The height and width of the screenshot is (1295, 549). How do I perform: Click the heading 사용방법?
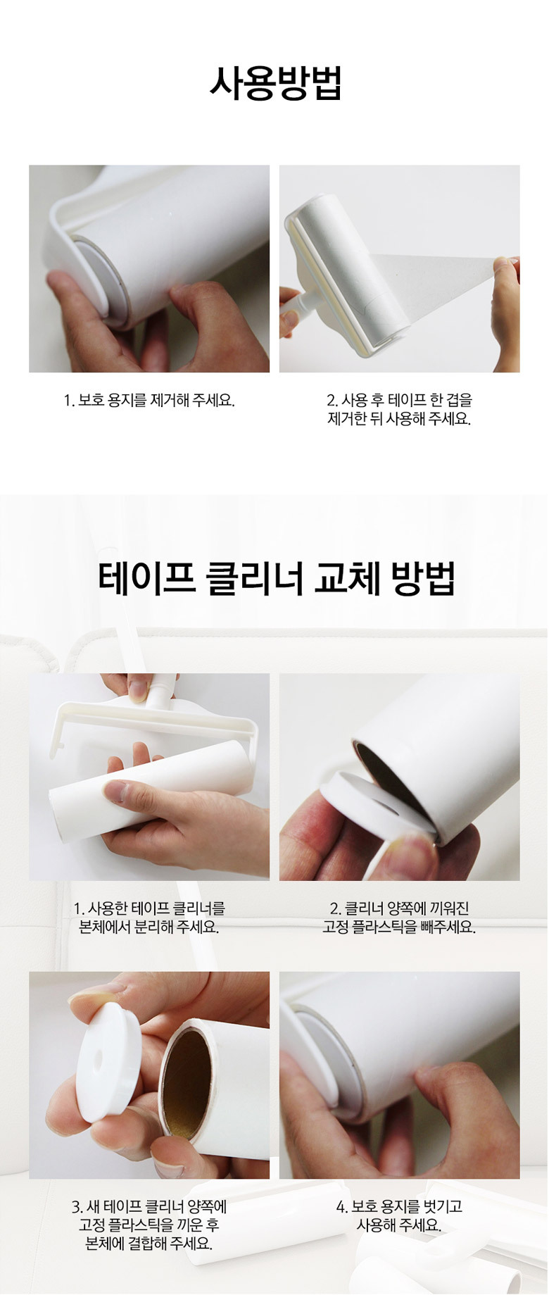[275, 84]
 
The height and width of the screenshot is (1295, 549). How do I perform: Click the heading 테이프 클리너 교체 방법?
[277, 578]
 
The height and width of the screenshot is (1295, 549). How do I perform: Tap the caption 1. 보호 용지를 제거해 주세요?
[149, 401]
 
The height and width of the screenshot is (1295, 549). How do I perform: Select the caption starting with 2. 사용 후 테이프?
[399, 409]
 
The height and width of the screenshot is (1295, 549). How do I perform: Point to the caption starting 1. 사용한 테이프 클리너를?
[149, 918]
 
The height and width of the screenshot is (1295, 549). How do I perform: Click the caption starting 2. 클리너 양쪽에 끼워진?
[399, 918]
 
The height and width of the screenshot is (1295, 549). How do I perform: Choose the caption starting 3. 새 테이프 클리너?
[149, 1225]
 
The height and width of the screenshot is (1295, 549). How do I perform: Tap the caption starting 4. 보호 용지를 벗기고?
[399, 1215]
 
